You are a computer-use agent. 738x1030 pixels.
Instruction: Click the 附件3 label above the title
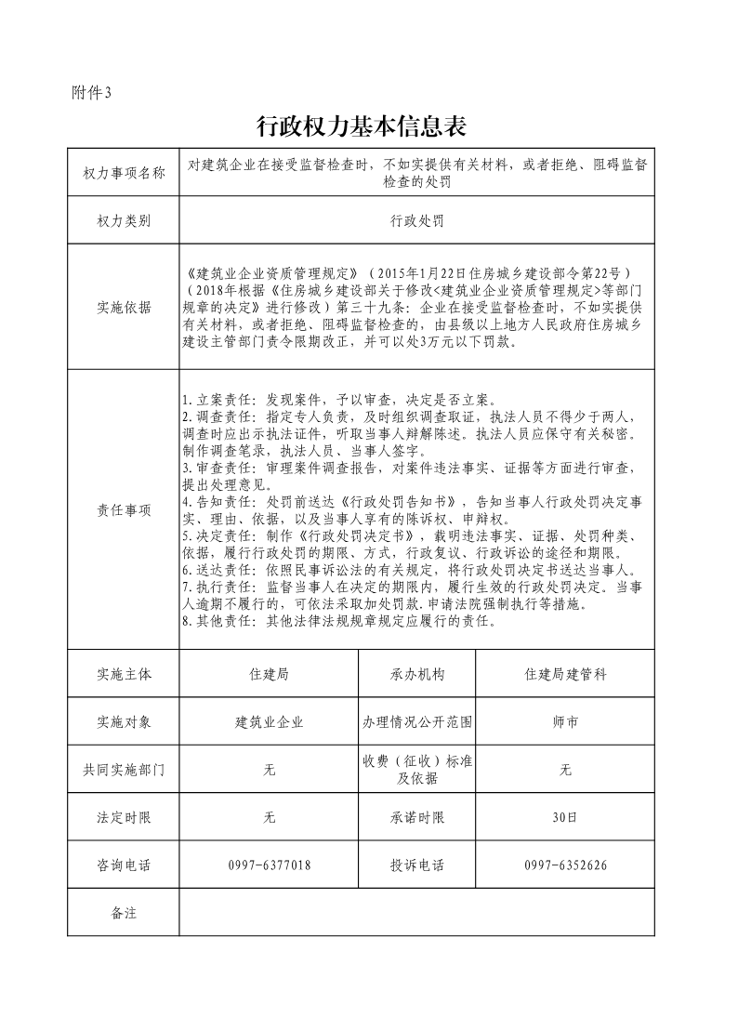91,92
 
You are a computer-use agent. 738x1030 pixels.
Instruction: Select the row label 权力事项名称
124,173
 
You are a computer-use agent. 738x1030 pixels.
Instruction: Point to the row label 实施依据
124,308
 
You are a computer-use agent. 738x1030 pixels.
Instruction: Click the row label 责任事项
124,510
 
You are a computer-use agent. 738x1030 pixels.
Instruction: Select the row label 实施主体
124,674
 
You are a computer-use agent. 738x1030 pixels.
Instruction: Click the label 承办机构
417,674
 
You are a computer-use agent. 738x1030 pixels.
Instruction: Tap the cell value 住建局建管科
566,674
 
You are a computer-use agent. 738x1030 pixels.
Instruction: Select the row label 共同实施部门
124,770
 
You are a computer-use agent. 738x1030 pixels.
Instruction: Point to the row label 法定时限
124,818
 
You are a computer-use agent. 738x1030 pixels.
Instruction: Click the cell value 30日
566,818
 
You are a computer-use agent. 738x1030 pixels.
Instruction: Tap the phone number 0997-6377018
270,865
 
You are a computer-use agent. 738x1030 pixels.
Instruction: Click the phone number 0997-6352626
566,865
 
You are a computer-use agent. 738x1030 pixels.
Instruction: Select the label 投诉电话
417,865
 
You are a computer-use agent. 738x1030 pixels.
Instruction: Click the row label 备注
124,913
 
